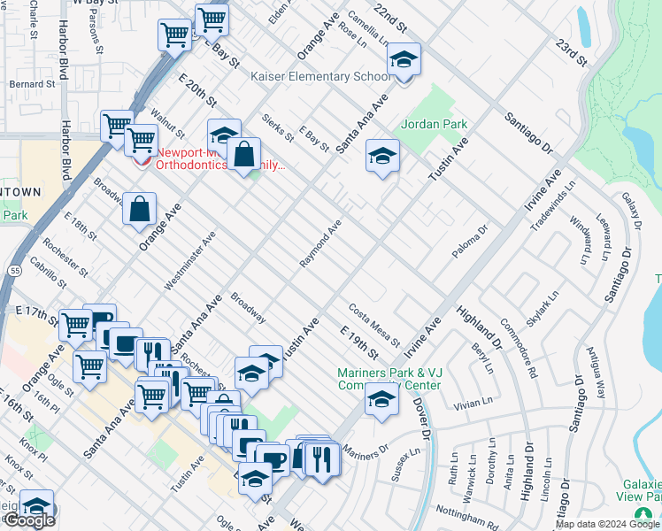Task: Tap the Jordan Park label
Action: coord(434,125)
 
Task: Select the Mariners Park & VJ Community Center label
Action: coord(389,379)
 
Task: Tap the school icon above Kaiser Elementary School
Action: coord(404,60)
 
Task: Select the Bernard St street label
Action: coord(32,84)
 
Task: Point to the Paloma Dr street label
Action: coord(470,242)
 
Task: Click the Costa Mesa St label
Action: coord(374,325)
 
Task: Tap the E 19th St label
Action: coord(358,341)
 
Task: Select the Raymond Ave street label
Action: coord(319,244)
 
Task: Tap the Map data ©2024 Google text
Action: coord(607,524)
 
